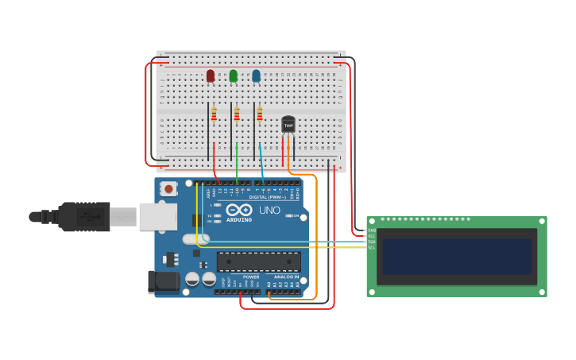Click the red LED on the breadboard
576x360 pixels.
211,75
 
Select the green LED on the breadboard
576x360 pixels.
233,75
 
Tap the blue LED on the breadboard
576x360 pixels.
256,75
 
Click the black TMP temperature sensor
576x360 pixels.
288,125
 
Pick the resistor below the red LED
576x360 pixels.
214,115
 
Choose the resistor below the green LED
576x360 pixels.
237,115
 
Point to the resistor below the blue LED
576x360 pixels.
259,115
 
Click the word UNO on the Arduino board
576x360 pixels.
269,211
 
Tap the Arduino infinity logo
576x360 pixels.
238,211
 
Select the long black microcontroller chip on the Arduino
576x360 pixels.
258,261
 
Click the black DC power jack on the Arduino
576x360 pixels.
162,281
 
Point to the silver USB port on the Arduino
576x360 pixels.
158,216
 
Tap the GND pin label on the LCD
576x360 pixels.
372,230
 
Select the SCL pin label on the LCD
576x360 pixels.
372,247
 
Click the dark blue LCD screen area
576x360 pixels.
456,256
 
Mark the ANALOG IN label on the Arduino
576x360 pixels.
286,277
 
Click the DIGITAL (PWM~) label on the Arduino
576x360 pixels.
268,197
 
